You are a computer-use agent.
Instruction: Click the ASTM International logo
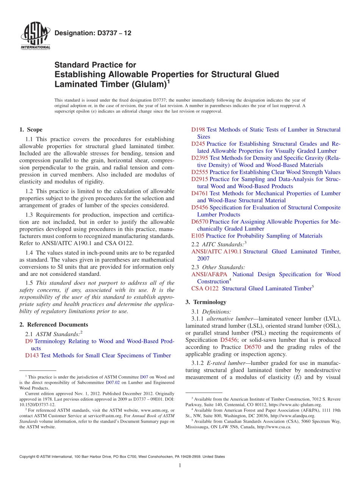coord(35,36)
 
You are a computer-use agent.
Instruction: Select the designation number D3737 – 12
coord(93,33)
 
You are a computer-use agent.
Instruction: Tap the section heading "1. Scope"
coord(31,130)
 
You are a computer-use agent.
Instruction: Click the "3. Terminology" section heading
coord(206,302)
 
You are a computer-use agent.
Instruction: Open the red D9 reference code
coord(29,341)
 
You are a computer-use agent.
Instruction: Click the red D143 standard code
coord(32,355)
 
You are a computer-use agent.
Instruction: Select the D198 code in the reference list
coord(198,130)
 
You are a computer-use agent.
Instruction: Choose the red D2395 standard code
coord(200,158)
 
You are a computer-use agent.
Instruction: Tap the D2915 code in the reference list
coord(200,179)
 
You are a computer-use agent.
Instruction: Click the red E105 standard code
coord(198,236)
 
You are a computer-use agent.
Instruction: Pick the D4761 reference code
coord(200,193)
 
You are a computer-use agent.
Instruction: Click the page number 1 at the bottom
coord(180,466)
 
